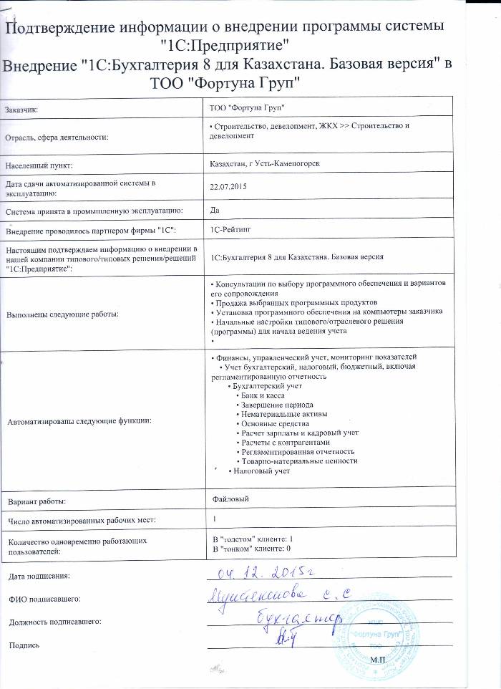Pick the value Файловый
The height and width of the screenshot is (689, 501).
click(x=230, y=497)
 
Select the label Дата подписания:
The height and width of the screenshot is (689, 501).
click(x=39, y=576)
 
